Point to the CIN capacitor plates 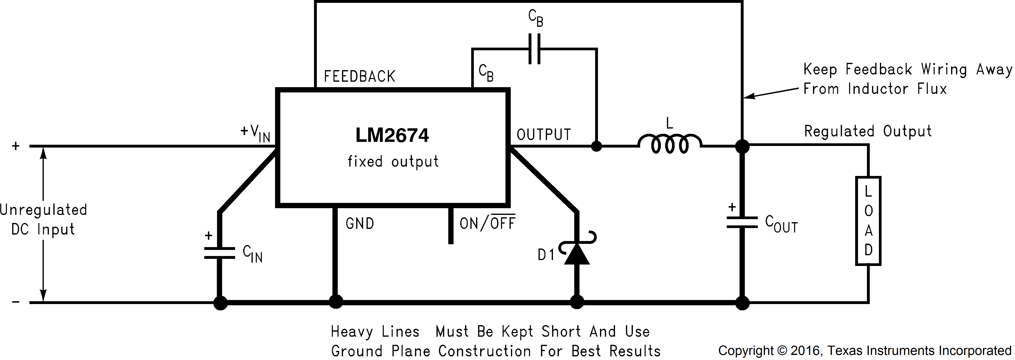coord(219,253)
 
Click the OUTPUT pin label coord(544,135)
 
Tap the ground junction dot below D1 coord(577,302)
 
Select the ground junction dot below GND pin coord(335,302)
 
